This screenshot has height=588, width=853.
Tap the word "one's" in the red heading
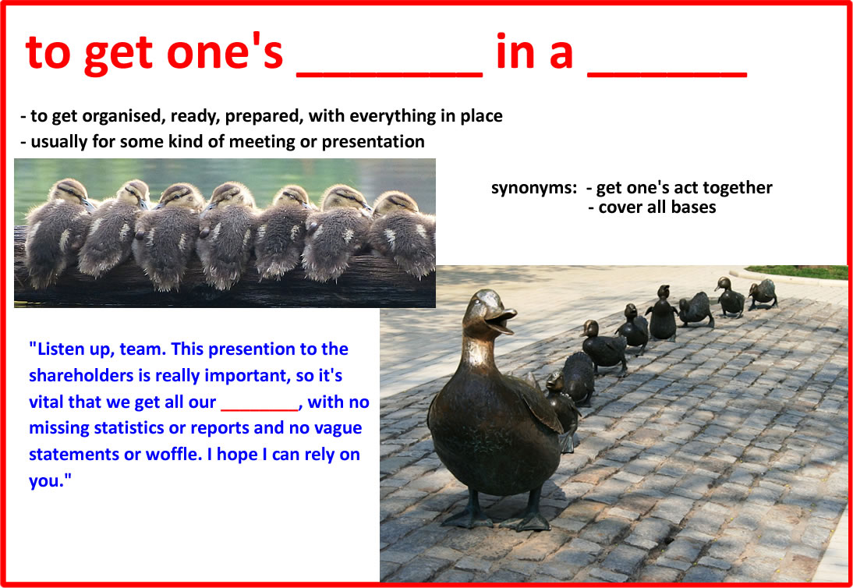pos(225,52)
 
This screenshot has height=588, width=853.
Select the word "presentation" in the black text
pos(373,142)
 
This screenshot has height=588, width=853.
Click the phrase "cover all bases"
pos(657,207)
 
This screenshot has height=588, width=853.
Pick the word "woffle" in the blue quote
pos(172,454)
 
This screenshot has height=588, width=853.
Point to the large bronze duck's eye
pos(478,301)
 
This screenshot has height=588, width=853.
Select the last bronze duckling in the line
pos(763,293)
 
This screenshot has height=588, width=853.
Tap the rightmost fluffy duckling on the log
pos(404,235)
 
